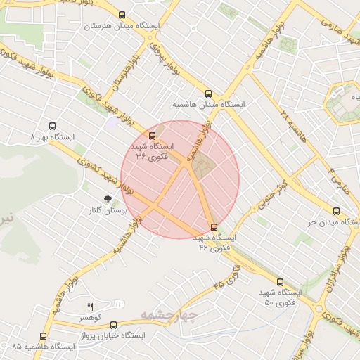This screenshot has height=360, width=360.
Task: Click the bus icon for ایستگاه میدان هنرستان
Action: [122, 15]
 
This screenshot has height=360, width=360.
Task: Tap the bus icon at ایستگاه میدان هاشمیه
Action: [207, 93]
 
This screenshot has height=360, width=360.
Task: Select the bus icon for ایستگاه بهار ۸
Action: [52, 127]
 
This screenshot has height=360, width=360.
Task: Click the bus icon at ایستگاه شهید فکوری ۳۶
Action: [153, 135]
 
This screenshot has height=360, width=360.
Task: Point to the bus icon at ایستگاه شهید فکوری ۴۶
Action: [214, 226]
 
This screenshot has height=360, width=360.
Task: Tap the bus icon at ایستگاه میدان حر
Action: [337, 210]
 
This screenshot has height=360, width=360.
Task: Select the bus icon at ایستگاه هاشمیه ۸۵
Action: [44, 336]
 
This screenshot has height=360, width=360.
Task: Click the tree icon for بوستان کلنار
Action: [108, 199]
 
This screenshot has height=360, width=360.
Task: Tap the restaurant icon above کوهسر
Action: [90, 306]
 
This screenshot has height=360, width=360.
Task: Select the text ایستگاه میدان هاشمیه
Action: [209, 104]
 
